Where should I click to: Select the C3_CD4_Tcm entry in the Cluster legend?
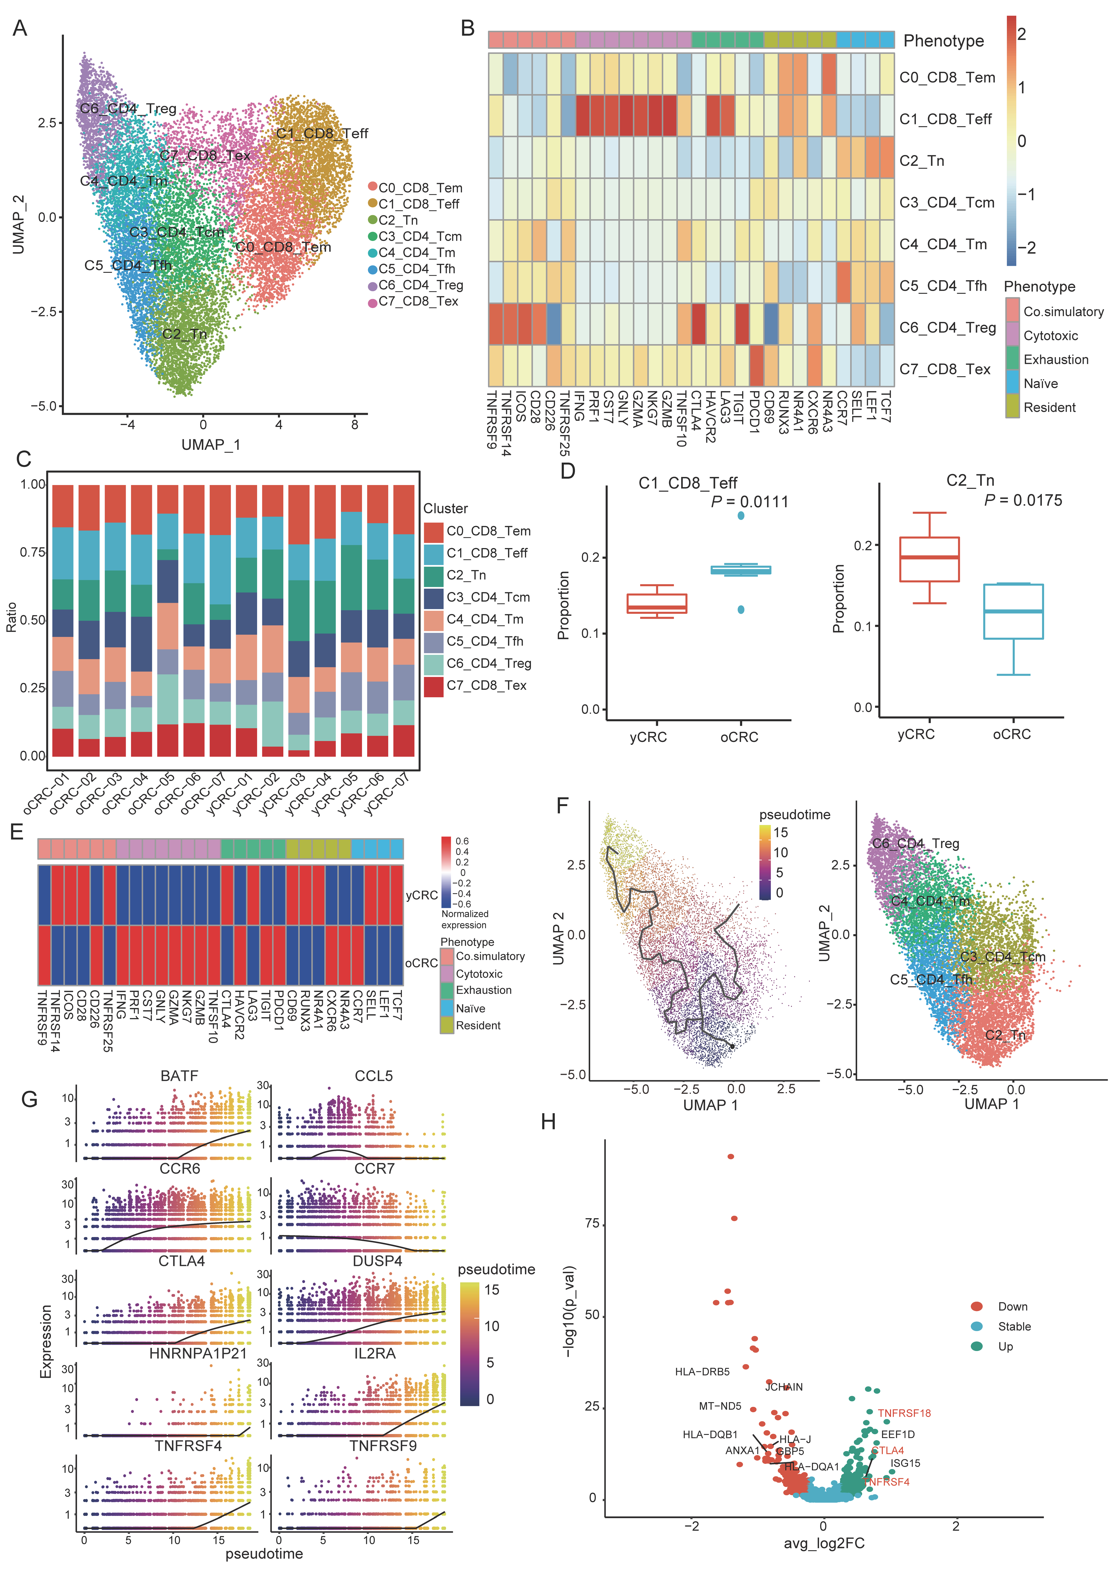488,597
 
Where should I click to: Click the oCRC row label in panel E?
421,963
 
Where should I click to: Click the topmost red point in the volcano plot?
730,1156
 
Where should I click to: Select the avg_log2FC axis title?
824,1543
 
